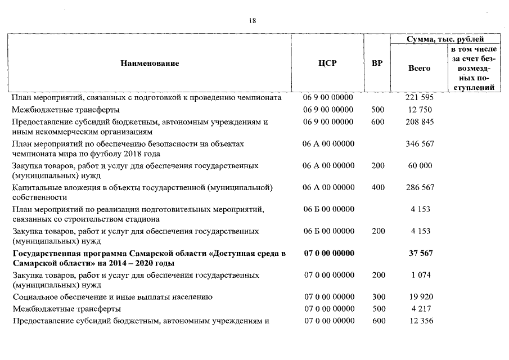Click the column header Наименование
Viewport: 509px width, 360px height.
click(x=150, y=63)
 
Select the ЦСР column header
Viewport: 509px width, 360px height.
click(x=327, y=63)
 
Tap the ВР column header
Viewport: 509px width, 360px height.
click(x=377, y=63)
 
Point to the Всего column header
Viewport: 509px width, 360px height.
click(x=419, y=68)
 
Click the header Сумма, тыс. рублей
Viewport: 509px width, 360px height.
click(x=445, y=39)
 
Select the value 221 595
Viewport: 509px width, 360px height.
click(x=419, y=97)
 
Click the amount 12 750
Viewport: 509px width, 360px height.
click(x=419, y=110)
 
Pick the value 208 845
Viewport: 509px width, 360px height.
click(x=419, y=122)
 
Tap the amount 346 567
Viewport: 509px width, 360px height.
click(x=419, y=144)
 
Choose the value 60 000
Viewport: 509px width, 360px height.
click(x=419, y=166)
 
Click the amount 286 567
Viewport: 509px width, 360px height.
click(x=419, y=187)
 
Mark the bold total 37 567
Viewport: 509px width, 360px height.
click(x=420, y=254)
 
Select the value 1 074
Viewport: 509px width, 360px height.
click(x=419, y=275)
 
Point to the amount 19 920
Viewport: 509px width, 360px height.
click(x=419, y=297)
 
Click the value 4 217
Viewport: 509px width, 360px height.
click(x=419, y=309)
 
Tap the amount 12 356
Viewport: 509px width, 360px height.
click(x=419, y=321)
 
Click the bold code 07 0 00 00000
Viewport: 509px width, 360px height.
click(x=329, y=254)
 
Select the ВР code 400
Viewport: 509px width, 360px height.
click(x=378, y=187)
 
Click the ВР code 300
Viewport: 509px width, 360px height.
click(x=378, y=297)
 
